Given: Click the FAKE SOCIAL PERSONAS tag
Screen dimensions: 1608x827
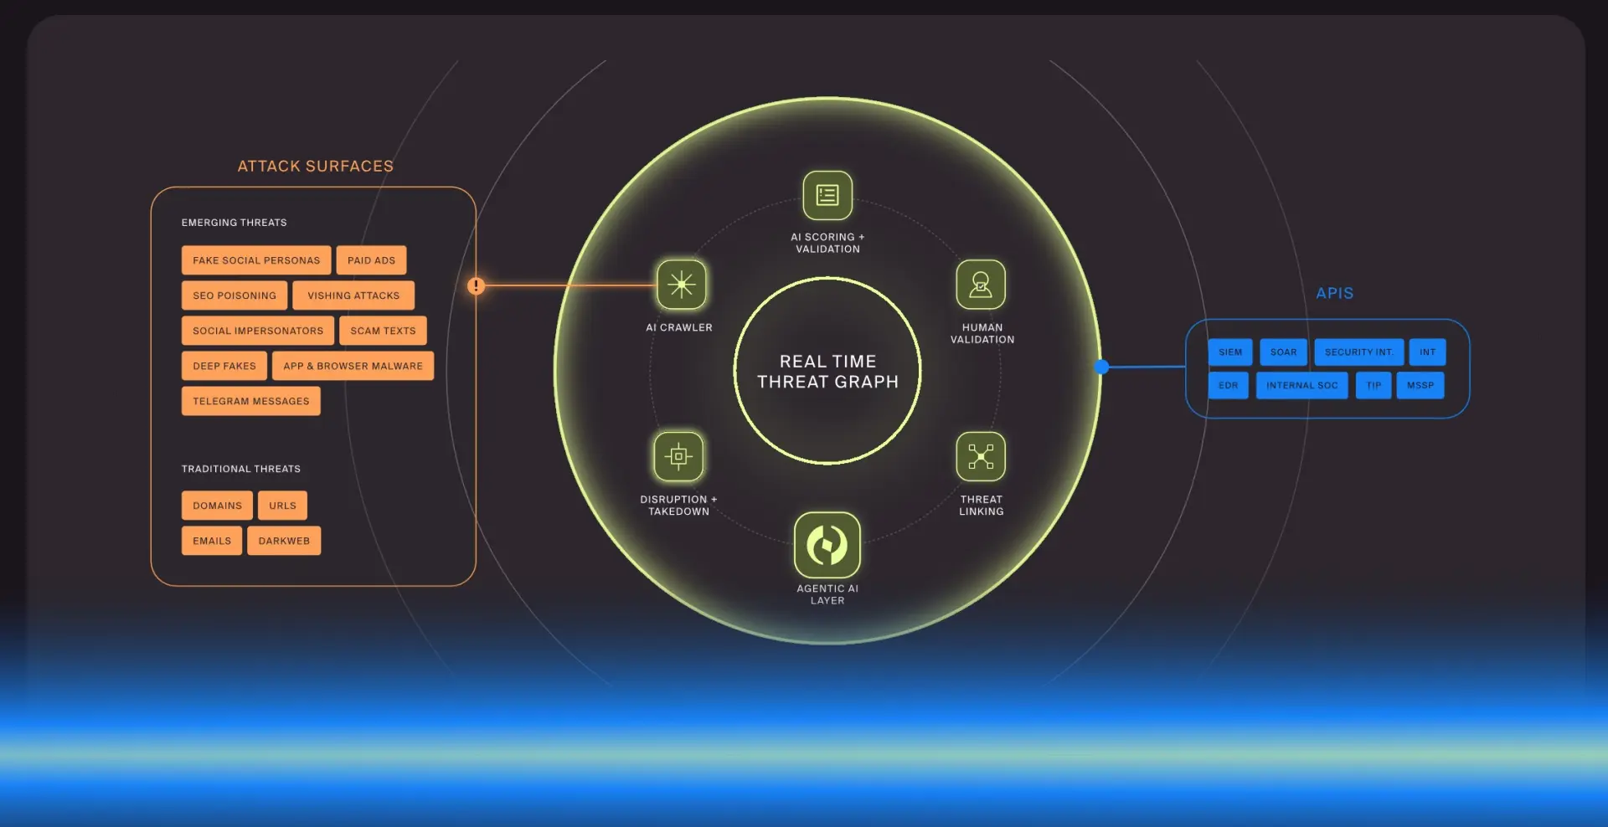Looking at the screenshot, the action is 256,260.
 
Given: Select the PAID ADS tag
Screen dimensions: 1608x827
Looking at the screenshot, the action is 372,260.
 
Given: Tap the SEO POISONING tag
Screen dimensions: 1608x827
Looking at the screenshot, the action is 234,295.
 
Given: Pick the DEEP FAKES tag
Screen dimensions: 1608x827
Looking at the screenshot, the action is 224,366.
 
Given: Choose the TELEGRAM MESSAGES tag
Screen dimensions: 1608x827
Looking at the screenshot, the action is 251,401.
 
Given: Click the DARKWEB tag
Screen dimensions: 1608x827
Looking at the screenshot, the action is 284,541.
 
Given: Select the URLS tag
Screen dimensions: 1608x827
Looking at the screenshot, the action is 282,506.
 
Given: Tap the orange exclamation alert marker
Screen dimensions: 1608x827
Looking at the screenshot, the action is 476,285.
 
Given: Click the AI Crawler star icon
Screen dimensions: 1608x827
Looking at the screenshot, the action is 682,285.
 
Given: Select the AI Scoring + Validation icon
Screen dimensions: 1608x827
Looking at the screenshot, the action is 827,195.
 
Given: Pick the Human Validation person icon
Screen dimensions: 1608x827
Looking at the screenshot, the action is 981,285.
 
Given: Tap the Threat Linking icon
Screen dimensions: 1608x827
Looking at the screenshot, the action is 981,456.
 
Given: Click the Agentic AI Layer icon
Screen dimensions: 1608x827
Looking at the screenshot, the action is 827,545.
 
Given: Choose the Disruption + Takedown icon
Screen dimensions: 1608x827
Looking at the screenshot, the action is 678,456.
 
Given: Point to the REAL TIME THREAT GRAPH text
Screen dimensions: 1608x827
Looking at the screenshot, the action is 827,372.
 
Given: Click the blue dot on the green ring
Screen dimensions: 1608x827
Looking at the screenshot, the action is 1102,367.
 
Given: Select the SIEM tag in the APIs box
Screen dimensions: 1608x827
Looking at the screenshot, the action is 1230,352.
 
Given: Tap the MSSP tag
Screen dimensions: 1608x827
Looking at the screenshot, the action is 1420,385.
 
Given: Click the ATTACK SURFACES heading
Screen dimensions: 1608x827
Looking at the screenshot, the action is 316,166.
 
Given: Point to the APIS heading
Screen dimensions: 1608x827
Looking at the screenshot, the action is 1335,293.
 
